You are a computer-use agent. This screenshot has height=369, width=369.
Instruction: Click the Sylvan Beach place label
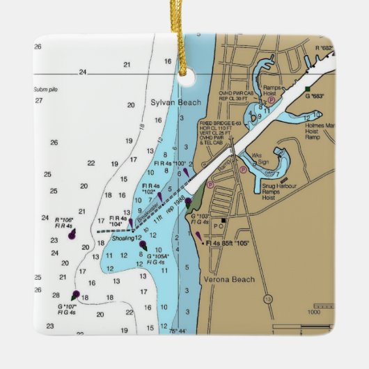coord(175,102)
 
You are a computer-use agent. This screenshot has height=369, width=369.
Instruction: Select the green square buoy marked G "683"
coord(306,88)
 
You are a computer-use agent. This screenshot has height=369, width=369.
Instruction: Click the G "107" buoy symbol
coord(74,295)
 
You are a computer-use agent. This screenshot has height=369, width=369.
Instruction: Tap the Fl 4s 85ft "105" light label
coord(227,244)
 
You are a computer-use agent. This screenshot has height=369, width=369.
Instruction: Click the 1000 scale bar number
coord(322,312)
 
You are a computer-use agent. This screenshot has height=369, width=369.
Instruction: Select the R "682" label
coord(324,47)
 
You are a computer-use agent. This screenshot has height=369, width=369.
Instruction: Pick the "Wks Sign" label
coord(258,157)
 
